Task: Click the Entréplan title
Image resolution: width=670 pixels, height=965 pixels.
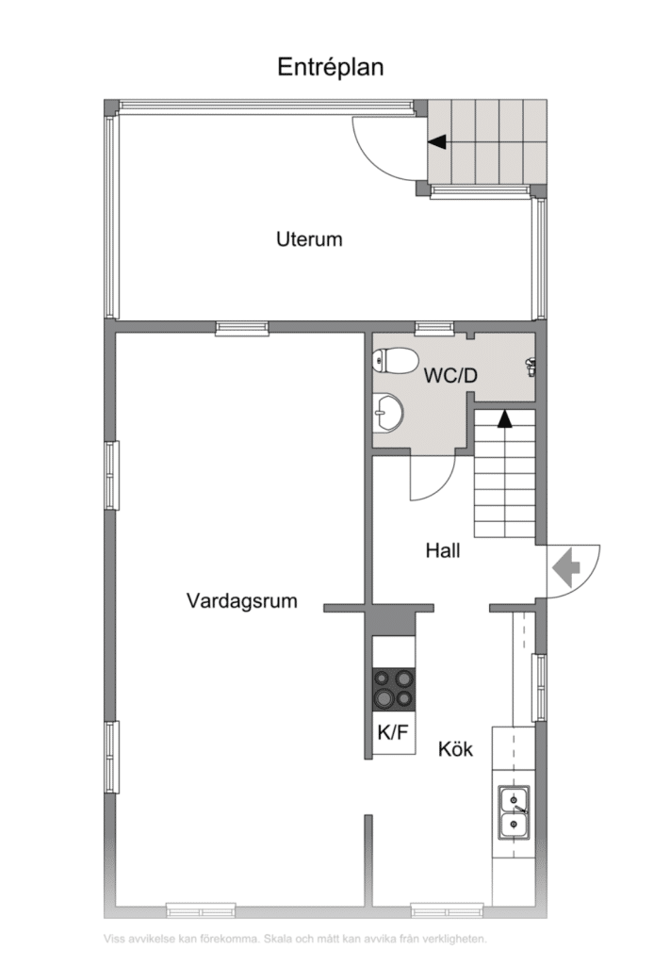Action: [x=331, y=67]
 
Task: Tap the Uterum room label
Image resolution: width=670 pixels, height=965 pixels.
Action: [x=309, y=238]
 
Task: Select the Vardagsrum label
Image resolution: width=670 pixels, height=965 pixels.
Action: [x=242, y=600]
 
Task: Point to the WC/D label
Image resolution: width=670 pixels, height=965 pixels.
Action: [x=450, y=375]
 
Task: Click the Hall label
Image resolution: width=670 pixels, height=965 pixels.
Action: [x=443, y=550]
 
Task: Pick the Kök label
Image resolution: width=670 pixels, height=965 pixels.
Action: [x=456, y=749]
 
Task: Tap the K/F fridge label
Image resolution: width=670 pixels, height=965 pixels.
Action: [x=393, y=732]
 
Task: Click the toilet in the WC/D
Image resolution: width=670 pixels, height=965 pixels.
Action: [x=395, y=361]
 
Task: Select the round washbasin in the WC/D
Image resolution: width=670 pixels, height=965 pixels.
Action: [x=387, y=414]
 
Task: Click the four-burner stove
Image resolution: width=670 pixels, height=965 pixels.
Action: [x=393, y=689]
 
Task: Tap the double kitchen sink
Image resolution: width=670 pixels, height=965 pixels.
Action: [x=514, y=812]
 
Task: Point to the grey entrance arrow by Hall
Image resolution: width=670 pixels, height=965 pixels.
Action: [x=566, y=568]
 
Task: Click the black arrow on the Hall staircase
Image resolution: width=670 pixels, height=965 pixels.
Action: [x=504, y=419]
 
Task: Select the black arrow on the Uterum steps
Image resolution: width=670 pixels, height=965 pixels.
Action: [x=437, y=141]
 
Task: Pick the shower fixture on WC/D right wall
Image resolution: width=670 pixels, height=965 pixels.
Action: [x=530, y=367]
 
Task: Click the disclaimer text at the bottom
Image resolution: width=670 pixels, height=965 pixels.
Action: [x=295, y=940]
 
